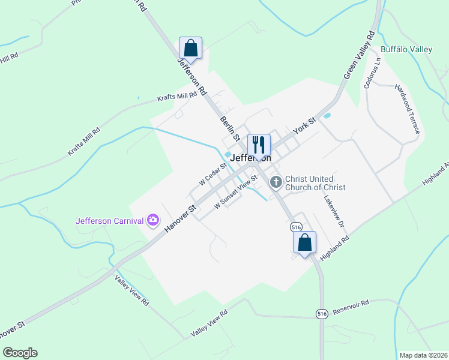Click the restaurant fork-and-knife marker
click(x=259, y=145)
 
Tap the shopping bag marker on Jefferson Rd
click(x=190, y=48)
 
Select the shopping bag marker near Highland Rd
click(x=305, y=242)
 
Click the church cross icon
click(x=276, y=182)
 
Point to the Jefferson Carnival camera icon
click(x=153, y=220)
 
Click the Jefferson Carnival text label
click(x=110, y=220)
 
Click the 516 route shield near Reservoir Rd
click(x=322, y=314)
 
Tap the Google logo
click(x=20, y=353)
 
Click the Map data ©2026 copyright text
click(x=423, y=355)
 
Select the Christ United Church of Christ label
click(x=315, y=183)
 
